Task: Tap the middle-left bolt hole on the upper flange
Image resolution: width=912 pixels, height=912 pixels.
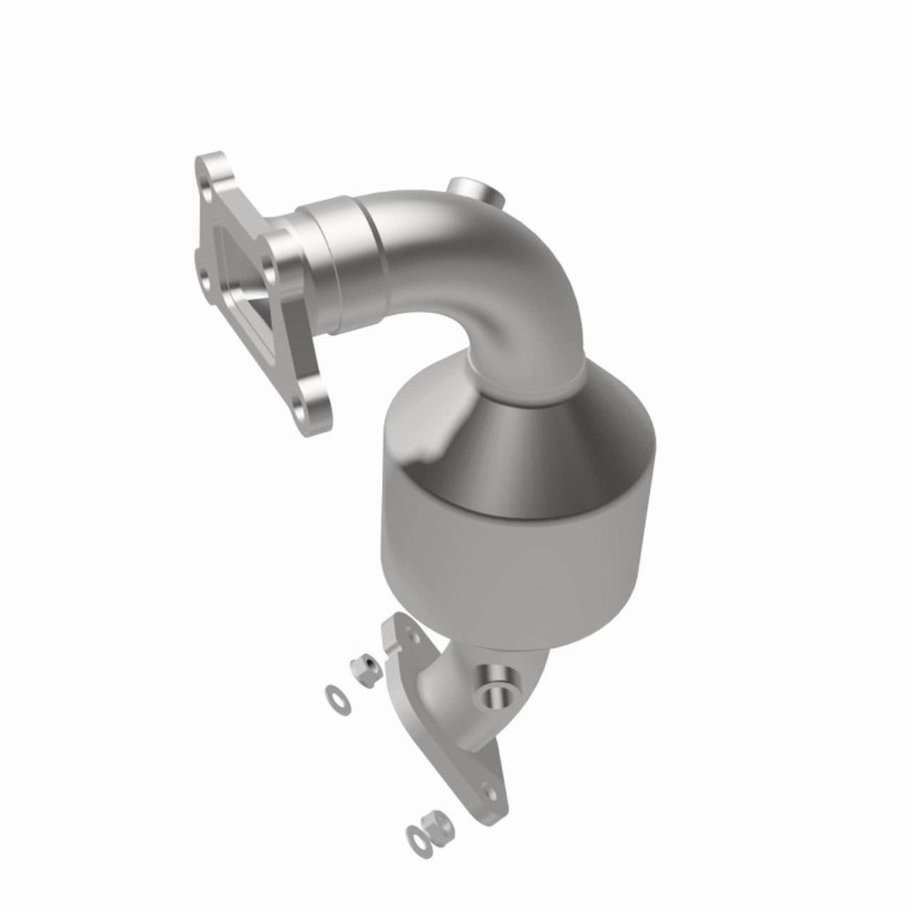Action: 204,275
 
